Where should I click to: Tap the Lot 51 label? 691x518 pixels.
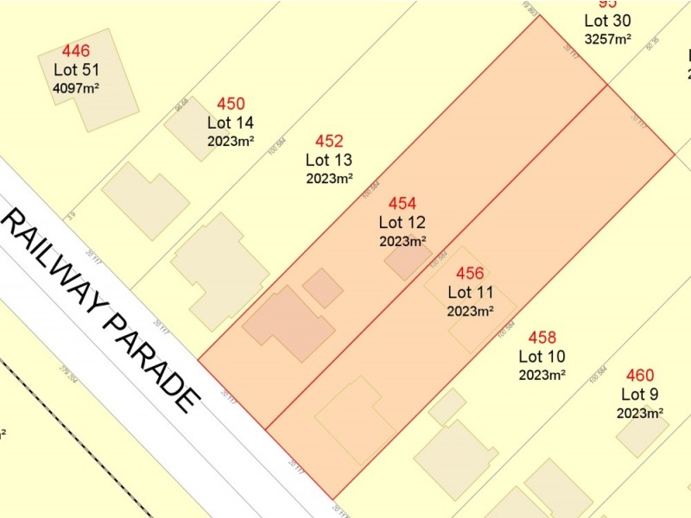[x=76, y=70]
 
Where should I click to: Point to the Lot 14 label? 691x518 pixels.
[x=231, y=123]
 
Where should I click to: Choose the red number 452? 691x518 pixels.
[x=329, y=142]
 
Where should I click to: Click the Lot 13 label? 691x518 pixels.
[x=329, y=160]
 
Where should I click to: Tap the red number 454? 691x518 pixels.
[x=403, y=204]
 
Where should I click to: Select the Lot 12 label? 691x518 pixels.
[x=403, y=223]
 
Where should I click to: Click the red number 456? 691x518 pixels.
[x=470, y=274]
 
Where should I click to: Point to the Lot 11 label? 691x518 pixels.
[x=470, y=293]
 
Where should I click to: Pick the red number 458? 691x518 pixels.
[x=542, y=338]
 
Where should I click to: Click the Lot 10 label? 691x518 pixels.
[x=542, y=356]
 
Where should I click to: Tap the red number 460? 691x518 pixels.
[x=639, y=376]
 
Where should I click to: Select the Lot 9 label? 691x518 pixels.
[x=639, y=395]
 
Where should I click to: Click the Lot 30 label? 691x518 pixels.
[x=607, y=21]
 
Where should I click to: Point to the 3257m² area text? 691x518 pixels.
[x=607, y=38]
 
